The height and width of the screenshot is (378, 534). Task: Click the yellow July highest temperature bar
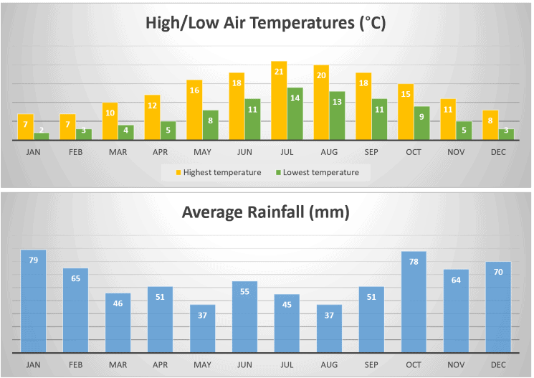point(279,101)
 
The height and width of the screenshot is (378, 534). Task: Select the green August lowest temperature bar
point(337,116)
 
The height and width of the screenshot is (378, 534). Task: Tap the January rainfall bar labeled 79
point(33,301)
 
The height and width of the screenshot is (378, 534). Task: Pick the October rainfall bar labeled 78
point(414,302)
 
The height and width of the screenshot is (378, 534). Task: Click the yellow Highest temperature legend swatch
point(177,173)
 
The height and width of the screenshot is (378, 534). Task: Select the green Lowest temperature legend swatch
point(277,173)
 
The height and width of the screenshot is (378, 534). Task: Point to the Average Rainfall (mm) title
point(266,212)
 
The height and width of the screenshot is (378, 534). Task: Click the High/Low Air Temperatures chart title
point(266,23)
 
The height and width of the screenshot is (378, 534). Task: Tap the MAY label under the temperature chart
point(202,152)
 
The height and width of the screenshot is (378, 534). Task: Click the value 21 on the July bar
point(279,72)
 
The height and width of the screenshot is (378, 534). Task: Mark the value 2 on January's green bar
point(41,130)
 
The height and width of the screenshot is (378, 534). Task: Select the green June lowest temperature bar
point(252,120)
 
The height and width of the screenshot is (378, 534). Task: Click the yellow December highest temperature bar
point(490,126)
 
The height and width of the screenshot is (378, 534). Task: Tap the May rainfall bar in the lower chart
point(202,329)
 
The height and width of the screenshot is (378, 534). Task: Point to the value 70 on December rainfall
point(499,273)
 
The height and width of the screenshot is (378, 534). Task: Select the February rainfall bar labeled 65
point(75,311)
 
